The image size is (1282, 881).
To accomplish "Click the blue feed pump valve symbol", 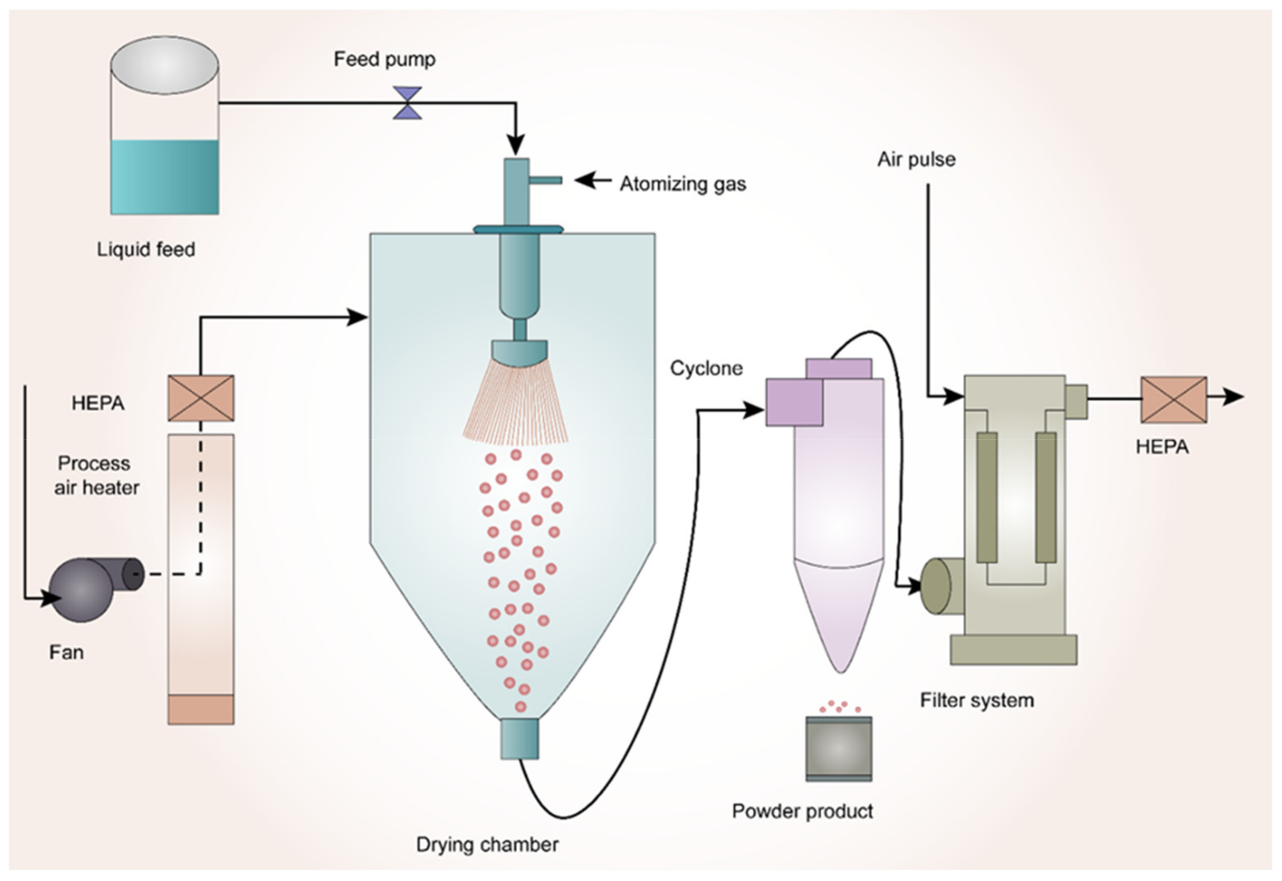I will (x=407, y=103).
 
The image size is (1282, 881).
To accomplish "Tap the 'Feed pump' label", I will (x=384, y=59).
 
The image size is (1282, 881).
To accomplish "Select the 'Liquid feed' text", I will (x=146, y=249).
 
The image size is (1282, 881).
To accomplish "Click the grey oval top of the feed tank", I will (x=164, y=65).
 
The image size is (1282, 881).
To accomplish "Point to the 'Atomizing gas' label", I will (x=683, y=184).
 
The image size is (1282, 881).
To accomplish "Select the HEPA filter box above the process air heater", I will (x=201, y=398).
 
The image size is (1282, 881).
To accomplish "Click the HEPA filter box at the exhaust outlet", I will (x=1174, y=400).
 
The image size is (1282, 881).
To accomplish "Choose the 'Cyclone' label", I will (x=706, y=368).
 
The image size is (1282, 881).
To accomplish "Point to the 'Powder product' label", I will (x=802, y=811).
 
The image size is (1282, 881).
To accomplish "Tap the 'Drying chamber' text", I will (x=487, y=845).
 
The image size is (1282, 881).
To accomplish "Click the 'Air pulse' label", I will (x=916, y=160).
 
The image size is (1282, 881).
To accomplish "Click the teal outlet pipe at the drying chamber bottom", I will (x=519, y=739).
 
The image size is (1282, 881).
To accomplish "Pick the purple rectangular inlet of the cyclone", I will (x=794, y=402).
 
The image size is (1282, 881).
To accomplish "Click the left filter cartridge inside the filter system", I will (x=987, y=497).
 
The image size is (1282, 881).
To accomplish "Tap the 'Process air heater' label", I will (x=95, y=475).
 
